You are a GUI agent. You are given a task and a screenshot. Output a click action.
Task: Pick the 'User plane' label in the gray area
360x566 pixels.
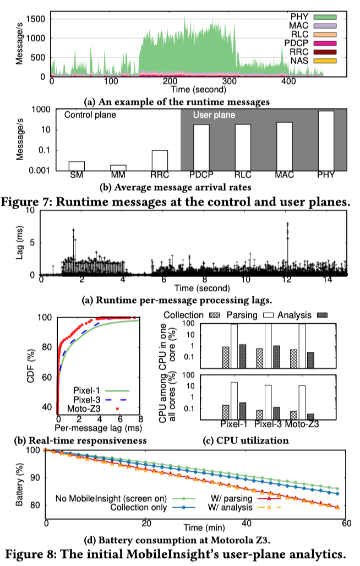(214, 116)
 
